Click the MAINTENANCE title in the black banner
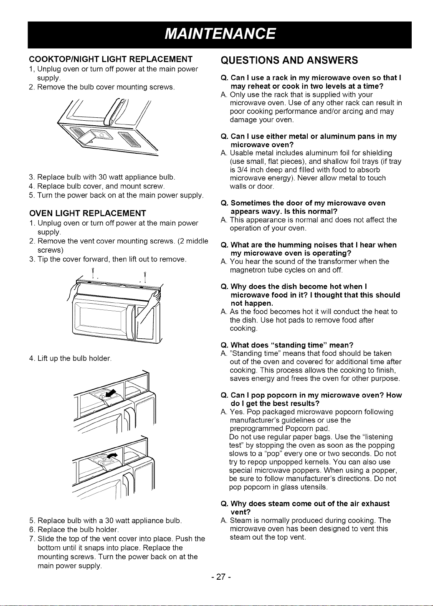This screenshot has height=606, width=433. pos(220,34)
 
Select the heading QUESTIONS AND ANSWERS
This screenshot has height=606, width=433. pos(289,60)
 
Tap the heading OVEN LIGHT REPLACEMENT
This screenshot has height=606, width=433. pos(88,213)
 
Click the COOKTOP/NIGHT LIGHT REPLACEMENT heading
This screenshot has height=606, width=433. pos(111,59)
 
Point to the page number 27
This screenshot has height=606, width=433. pos(221,577)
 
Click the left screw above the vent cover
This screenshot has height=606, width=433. pos(93,272)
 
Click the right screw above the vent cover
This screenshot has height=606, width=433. pos(145,276)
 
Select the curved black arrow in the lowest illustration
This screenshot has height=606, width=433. pos(112,455)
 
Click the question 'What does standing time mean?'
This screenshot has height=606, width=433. pos(287,345)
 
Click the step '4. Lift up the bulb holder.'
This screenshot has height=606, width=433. pos(70,358)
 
